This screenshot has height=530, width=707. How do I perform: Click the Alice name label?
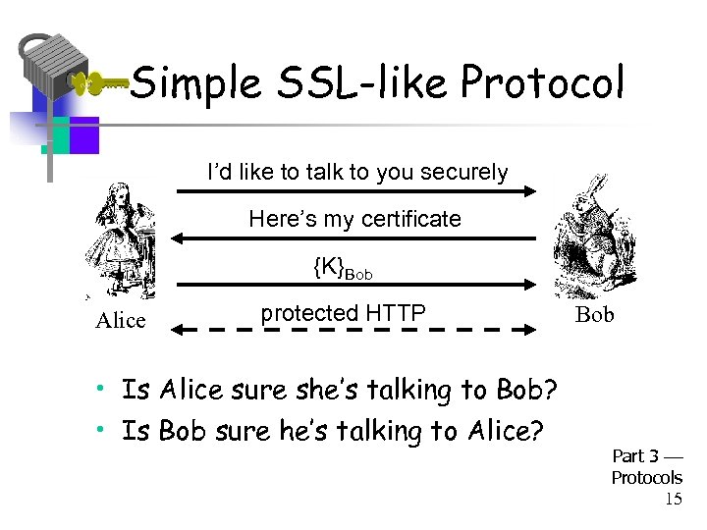coord(120,321)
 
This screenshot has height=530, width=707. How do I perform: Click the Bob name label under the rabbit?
coord(594,315)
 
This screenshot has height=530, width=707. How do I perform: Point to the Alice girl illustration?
coord(122,240)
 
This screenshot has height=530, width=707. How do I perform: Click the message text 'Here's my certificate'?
coord(354,219)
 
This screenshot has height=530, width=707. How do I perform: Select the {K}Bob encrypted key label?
coord(343,266)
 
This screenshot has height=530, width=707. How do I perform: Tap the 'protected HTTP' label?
coord(343,313)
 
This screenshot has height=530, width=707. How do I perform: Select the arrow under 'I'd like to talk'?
coord(353,192)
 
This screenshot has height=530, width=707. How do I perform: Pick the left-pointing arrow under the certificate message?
coord(353,238)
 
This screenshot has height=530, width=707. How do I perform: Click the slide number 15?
coord(673,500)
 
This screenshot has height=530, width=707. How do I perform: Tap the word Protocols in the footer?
coord(646,478)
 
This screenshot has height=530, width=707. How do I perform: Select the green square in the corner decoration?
coord(57,134)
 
